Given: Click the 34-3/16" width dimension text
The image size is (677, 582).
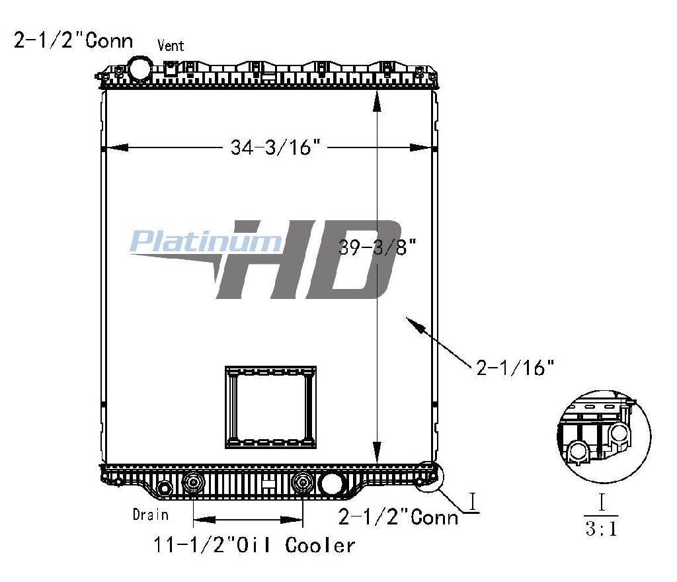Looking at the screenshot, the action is point(275,147).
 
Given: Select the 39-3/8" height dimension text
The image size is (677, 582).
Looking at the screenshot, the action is point(377,247).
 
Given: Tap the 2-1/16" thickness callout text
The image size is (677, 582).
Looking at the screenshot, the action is point(514,368).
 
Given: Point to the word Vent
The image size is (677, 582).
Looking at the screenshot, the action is point(171,46).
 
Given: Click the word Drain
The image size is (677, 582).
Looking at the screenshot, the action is point(150,515).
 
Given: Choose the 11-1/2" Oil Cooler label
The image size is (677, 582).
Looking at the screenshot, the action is point(255,546).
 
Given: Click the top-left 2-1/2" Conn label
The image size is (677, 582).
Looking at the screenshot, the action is point(73,40).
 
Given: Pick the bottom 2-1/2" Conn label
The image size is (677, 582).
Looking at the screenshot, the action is point(398,517).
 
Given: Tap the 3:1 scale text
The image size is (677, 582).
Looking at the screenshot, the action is point(602,528).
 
